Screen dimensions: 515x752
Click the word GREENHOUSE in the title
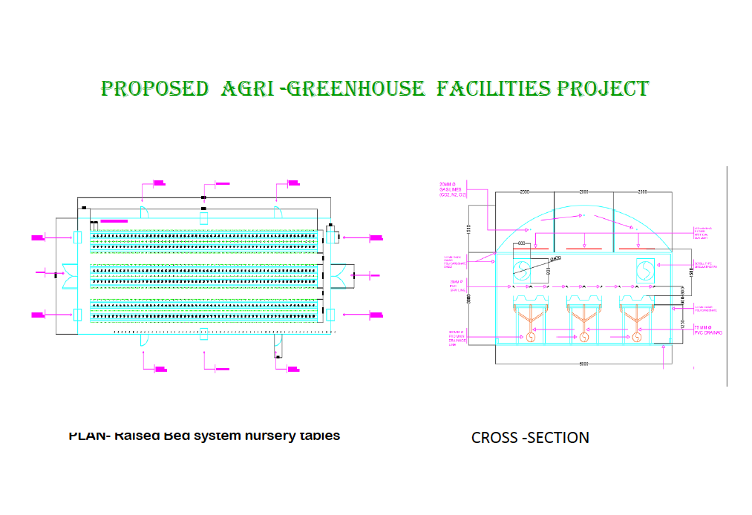(x=355, y=90)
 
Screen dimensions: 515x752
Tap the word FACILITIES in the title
(x=494, y=90)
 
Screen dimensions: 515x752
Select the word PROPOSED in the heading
(x=154, y=90)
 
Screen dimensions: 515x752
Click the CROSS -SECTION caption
(x=530, y=438)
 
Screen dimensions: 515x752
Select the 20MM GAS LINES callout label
(x=451, y=189)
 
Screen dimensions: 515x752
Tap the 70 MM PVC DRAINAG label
(x=708, y=330)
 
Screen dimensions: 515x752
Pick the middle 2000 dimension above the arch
(x=583, y=191)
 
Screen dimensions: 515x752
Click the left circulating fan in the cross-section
(x=524, y=270)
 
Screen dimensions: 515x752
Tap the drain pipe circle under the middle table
(x=583, y=337)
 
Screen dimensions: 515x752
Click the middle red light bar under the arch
(x=583, y=248)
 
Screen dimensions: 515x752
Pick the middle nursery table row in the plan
(x=203, y=275)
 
